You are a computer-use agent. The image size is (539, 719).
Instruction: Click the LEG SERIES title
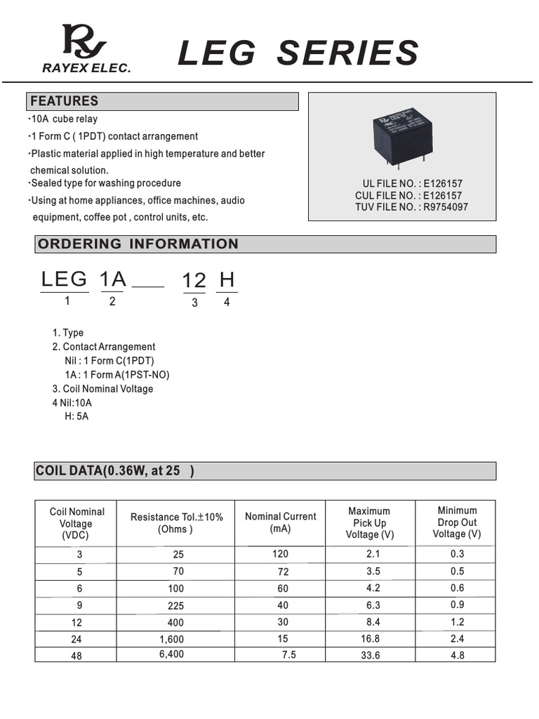pos(298,54)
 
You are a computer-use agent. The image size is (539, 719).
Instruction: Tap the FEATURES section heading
pos(64,101)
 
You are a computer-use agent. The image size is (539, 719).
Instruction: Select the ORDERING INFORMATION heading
pos(138,244)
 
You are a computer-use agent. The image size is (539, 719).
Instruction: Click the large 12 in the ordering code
pos(194,281)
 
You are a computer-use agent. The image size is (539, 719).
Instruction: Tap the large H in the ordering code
pos(227,279)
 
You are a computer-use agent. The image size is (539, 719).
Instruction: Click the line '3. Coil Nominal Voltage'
pos(102,389)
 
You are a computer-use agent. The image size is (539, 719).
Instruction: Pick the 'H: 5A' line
pos(76,416)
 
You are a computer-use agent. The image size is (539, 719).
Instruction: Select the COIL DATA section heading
pos(114,471)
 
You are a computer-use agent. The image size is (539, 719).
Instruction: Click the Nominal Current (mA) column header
pos(280,522)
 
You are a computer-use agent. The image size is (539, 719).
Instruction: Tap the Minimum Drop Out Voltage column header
pos(457,522)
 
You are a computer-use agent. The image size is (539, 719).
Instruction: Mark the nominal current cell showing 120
pos(280,554)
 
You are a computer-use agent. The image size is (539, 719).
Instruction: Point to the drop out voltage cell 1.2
pos(457,622)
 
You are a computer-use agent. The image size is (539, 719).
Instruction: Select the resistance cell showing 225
pos(176,606)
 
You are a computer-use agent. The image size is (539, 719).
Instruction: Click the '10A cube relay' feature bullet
pos(65,119)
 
